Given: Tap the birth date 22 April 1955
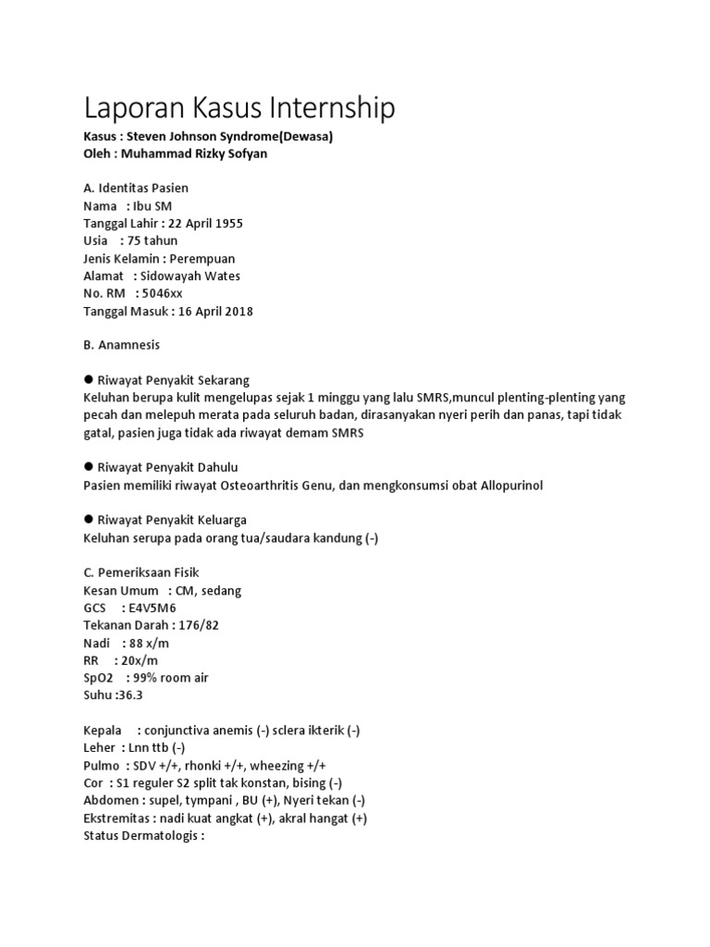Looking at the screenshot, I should click(205, 223).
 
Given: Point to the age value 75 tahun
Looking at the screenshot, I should click(156, 240).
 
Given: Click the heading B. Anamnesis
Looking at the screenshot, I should click(121, 345).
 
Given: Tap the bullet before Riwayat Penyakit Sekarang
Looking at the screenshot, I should click(89, 379).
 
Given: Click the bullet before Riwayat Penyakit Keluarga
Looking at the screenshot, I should click(89, 520).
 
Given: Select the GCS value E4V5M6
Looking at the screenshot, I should click(148, 608).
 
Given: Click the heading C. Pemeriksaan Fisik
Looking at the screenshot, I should click(141, 572).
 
